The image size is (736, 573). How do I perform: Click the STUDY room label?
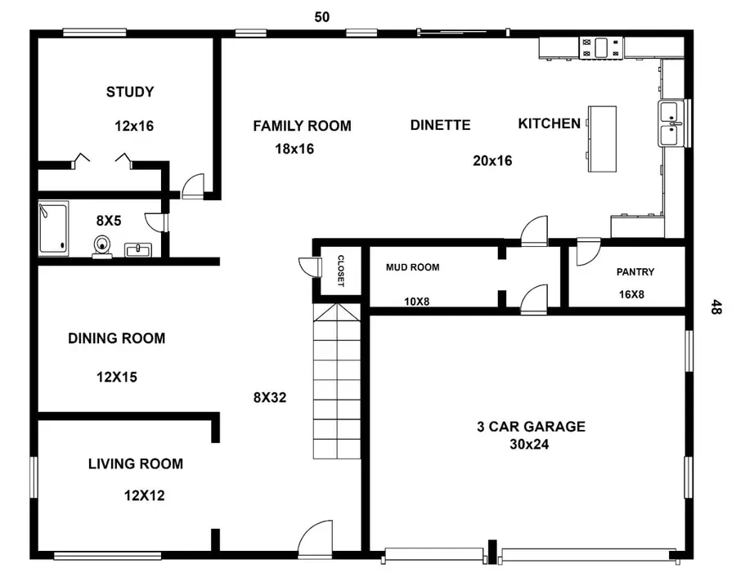click(x=130, y=92)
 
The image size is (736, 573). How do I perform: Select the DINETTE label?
click(x=440, y=125)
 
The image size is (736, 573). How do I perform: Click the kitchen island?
click(x=602, y=138)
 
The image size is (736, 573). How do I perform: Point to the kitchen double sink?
click(x=671, y=123)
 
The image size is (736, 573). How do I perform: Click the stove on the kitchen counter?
click(x=600, y=47)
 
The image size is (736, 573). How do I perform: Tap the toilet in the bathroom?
click(x=102, y=244)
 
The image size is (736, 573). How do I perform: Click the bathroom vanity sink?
click(x=137, y=248)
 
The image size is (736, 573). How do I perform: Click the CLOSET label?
click(x=340, y=271)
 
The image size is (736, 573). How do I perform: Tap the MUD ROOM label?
click(x=412, y=267)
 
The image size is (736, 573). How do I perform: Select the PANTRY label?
click(x=635, y=272)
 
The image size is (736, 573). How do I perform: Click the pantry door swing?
click(x=586, y=253)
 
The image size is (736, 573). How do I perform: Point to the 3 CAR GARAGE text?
click(x=531, y=426)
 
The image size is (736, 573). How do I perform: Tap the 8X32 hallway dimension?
click(x=270, y=398)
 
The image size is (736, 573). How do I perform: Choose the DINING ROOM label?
click(x=116, y=338)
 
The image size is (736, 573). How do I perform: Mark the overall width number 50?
click(x=322, y=16)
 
